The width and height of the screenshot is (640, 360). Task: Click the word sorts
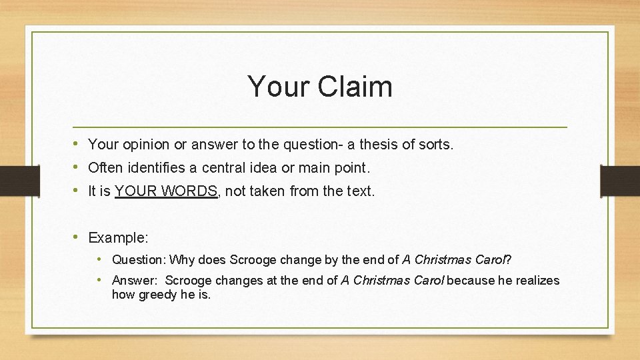click(x=434, y=144)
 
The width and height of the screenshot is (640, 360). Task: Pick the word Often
click(x=105, y=167)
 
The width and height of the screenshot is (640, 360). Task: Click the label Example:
click(x=119, y=238)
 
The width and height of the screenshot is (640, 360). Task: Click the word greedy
click(x=157, y=295)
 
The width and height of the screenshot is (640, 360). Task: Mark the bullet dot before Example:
click(x=78, y=237)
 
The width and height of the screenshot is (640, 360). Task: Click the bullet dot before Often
click(x=78, y=167)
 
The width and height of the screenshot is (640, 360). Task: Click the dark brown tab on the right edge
click(x=620, y=180)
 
